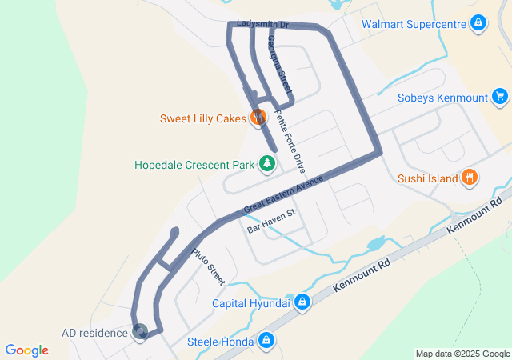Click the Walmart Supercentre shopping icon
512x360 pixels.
(478, 24)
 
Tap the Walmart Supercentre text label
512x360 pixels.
(414, 25)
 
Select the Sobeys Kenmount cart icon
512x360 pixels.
(500, 98)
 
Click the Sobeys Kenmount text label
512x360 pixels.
(442, 98)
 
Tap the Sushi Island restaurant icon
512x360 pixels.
(470, 178)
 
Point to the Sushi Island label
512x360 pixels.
(428, 178)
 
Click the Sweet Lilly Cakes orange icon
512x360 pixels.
(258, 118)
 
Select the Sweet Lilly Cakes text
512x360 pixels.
(203, 119)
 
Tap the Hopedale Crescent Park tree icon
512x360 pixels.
(266, 166)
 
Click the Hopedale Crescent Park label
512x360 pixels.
(194, 166)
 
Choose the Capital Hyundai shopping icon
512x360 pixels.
(302, 302)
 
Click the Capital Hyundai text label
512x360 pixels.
(250, 303)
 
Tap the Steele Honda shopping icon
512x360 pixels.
(267, 342)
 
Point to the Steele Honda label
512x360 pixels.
(221, 342)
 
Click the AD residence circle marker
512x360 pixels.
(140, 331)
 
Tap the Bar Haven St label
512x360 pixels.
(271, 221)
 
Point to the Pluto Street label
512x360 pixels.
(209, 266)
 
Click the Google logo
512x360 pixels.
(27, 350)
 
